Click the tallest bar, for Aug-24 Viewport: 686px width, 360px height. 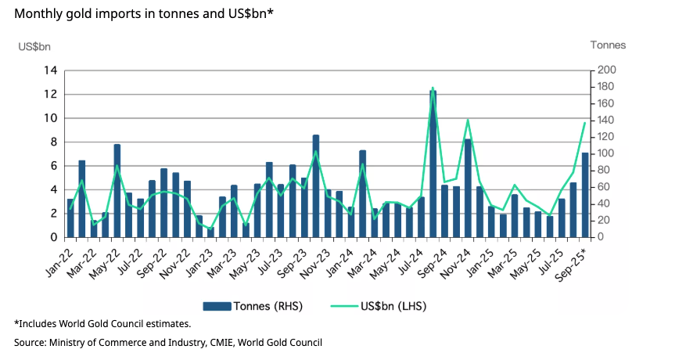click(433, 164)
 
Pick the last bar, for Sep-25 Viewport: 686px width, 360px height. click(585, 195)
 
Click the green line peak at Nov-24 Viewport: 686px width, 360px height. click(468, 121)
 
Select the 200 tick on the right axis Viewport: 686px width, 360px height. click(607, 70)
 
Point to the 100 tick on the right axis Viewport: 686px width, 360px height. click(607, 153)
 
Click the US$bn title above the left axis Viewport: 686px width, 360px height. click(34, 45)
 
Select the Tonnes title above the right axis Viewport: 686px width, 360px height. click(608, 45)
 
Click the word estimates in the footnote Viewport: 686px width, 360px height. click(167, 322)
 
